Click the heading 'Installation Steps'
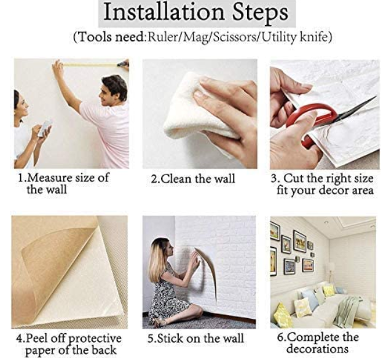(195, 13)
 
